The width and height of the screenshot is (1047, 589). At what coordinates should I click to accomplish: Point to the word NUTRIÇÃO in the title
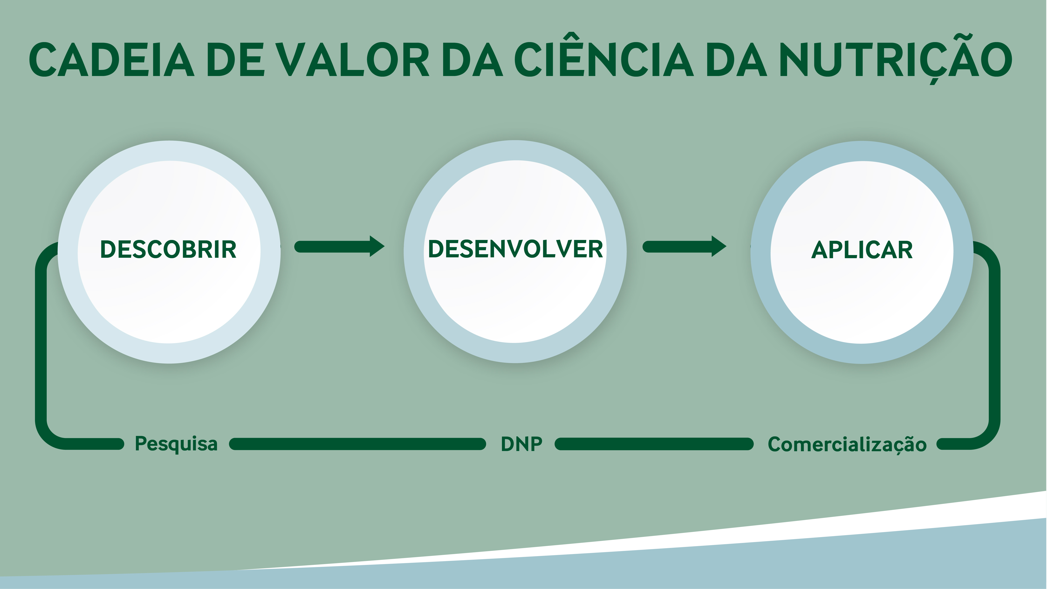tap(895, 59)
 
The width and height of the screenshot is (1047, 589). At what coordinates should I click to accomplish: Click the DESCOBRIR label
tap(168, 250)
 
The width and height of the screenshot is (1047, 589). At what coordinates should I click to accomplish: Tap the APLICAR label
tap(862, 250)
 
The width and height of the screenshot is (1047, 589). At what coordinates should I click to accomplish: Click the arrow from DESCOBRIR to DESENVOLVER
tap(339, 246)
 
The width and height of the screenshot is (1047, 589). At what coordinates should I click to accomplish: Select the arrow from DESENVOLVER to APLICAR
tap(685, 246)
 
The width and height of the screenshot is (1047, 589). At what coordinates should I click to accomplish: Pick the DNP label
tap(521, 444)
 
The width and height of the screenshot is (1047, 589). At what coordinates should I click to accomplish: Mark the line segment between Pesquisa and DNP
tap(358, 444)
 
